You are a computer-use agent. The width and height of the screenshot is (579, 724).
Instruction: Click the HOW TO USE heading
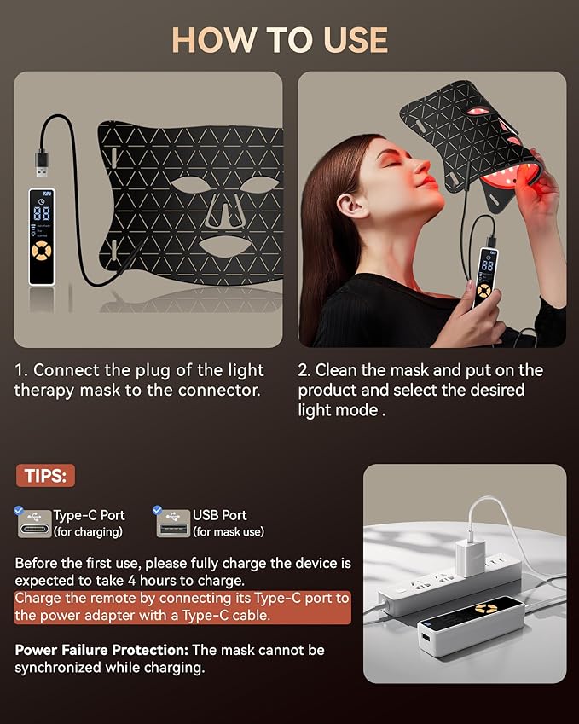(x=280, y=40)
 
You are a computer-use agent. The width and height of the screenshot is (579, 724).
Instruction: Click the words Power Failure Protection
(x=101, y=650)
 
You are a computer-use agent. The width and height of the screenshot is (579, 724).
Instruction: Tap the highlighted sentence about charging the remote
(x=182, y=606)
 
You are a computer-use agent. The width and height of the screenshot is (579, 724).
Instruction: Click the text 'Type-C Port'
(x=89, y=515)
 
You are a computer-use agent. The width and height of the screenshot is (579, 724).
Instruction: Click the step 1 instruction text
(x=139, y=380)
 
